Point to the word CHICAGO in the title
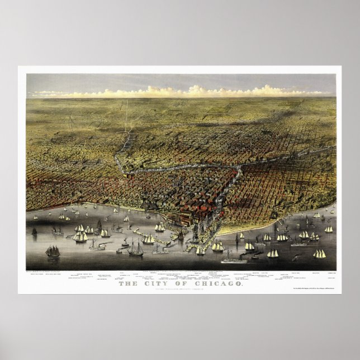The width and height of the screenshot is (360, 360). point(216,284)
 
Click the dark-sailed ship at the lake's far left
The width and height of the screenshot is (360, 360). point(53,252)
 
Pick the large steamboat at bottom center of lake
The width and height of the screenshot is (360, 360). point(233,259)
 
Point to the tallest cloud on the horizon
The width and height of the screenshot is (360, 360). point(196,89)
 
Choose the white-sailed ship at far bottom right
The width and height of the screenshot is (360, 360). point(319,254)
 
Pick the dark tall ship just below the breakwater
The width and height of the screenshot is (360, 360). point(136,248)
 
